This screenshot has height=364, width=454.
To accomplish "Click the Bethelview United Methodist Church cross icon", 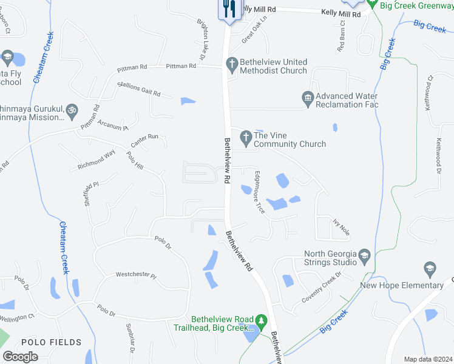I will pos(231,63).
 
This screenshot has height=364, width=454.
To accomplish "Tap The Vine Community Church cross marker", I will pos(246,138).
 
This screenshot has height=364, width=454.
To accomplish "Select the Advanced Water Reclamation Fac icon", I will pos(308,98).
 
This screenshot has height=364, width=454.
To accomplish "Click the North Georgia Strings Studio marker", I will pos(364,255).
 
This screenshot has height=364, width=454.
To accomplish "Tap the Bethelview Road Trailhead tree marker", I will pos(262,321).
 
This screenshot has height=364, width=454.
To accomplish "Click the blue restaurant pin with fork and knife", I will pos(229,9).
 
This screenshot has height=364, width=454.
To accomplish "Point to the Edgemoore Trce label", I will pos(259,200).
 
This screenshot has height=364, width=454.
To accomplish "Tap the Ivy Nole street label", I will pos(341,227).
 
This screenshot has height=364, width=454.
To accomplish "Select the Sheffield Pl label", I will pos(92,192).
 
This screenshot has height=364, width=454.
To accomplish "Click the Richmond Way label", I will pos(96,160).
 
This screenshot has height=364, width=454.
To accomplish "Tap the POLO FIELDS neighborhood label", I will pos(51,343).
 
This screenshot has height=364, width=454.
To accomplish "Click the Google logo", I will pos(21,357).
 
